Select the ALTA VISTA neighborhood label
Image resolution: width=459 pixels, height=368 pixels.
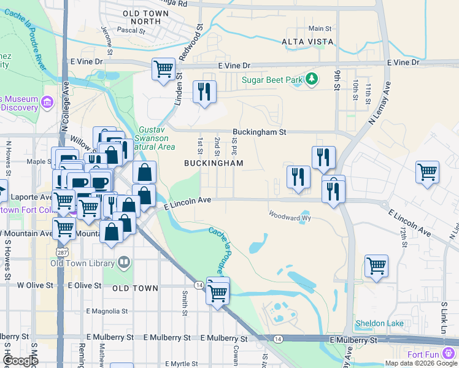pos(307,42)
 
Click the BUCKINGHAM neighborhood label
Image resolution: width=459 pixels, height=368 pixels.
pos(214,163)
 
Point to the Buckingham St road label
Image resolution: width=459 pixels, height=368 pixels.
pos(260,132)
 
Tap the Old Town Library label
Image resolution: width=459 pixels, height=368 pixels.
pos(83,264)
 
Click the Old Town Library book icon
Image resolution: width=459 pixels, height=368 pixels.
pos(124,263)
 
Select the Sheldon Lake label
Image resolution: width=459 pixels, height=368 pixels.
pos(380,323)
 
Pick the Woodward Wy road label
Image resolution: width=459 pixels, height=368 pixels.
pos(290,217)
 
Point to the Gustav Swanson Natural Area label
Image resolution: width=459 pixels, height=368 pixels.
pos(153,139)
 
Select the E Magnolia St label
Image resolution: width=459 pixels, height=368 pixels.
pos(108,312)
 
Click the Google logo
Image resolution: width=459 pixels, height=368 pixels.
pos(20,361)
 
